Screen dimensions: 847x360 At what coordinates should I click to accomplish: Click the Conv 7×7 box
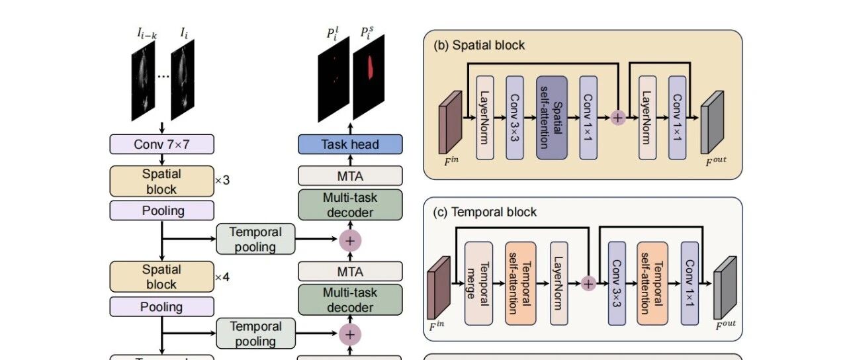point(162,144)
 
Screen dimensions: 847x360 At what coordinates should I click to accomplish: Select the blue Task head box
point(350,144)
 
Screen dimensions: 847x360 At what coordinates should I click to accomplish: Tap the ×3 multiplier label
point(222,181)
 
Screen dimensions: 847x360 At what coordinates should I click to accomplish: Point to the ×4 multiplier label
point(222,277)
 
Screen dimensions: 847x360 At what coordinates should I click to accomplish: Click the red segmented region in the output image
point(371,67)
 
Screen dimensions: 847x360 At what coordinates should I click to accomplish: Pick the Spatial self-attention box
point(552,118)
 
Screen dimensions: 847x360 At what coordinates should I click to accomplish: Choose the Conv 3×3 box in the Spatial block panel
point(515,118)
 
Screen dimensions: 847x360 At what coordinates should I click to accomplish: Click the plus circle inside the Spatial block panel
point(617,118)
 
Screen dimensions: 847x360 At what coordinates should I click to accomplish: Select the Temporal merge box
point(478,283)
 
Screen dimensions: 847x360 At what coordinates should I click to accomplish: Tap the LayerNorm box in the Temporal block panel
point(559,283)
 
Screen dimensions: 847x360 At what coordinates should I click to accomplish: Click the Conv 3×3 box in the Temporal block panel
point(617,283)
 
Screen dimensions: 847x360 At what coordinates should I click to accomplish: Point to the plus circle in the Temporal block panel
point(588,284)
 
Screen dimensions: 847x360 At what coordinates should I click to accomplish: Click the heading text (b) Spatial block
point(479,46)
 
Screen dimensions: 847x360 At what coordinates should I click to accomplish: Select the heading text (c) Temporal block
point(485,212)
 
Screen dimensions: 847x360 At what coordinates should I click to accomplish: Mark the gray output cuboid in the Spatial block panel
point(713,122)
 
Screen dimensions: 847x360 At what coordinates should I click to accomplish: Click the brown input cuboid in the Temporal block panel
point(439,288)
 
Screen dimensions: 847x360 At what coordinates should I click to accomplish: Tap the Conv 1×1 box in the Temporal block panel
point(690,283)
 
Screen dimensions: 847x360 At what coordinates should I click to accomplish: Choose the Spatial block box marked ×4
point(162,277)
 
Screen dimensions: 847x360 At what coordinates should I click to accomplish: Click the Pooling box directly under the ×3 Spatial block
point(162,210)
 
